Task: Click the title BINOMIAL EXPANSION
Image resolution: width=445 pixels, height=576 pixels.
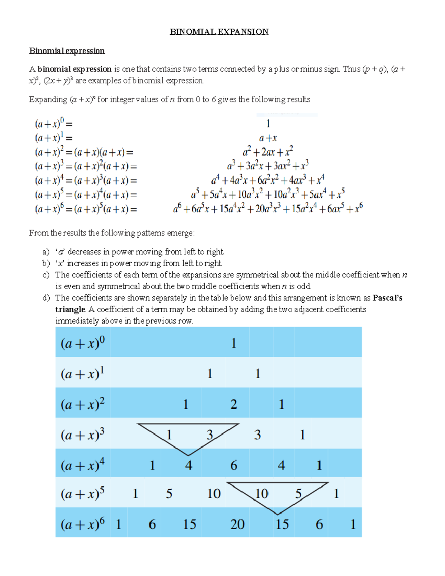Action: pos(219,32)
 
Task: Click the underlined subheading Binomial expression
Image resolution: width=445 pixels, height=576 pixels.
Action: pos(67,50)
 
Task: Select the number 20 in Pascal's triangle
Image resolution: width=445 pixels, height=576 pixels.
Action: pos(237,524)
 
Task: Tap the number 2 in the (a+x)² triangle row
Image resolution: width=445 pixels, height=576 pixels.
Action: pos(234,404)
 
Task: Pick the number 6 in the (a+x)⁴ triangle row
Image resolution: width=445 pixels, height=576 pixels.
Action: pos(234,465)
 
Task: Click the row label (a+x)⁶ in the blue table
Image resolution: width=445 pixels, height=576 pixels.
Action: pos(83,524)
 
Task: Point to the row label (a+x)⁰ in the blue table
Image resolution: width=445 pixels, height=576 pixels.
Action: pos(83,343)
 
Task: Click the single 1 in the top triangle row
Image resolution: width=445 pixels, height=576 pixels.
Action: pos(234,343)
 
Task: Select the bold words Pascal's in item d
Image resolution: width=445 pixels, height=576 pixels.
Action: pos(387,298)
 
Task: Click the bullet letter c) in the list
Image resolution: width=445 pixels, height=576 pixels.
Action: pos(46,275)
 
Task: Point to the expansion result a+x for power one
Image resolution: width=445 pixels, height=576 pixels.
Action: pos(268,138)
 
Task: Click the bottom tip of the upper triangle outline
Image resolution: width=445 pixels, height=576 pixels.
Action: pos(188,455)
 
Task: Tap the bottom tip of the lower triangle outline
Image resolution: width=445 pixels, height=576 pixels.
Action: pos(278,514)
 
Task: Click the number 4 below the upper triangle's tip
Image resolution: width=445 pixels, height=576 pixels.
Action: pos(189,465)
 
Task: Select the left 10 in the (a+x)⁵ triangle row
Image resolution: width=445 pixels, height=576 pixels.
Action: pos(214,494)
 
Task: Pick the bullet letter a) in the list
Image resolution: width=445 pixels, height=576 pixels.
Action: pos(46,252)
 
